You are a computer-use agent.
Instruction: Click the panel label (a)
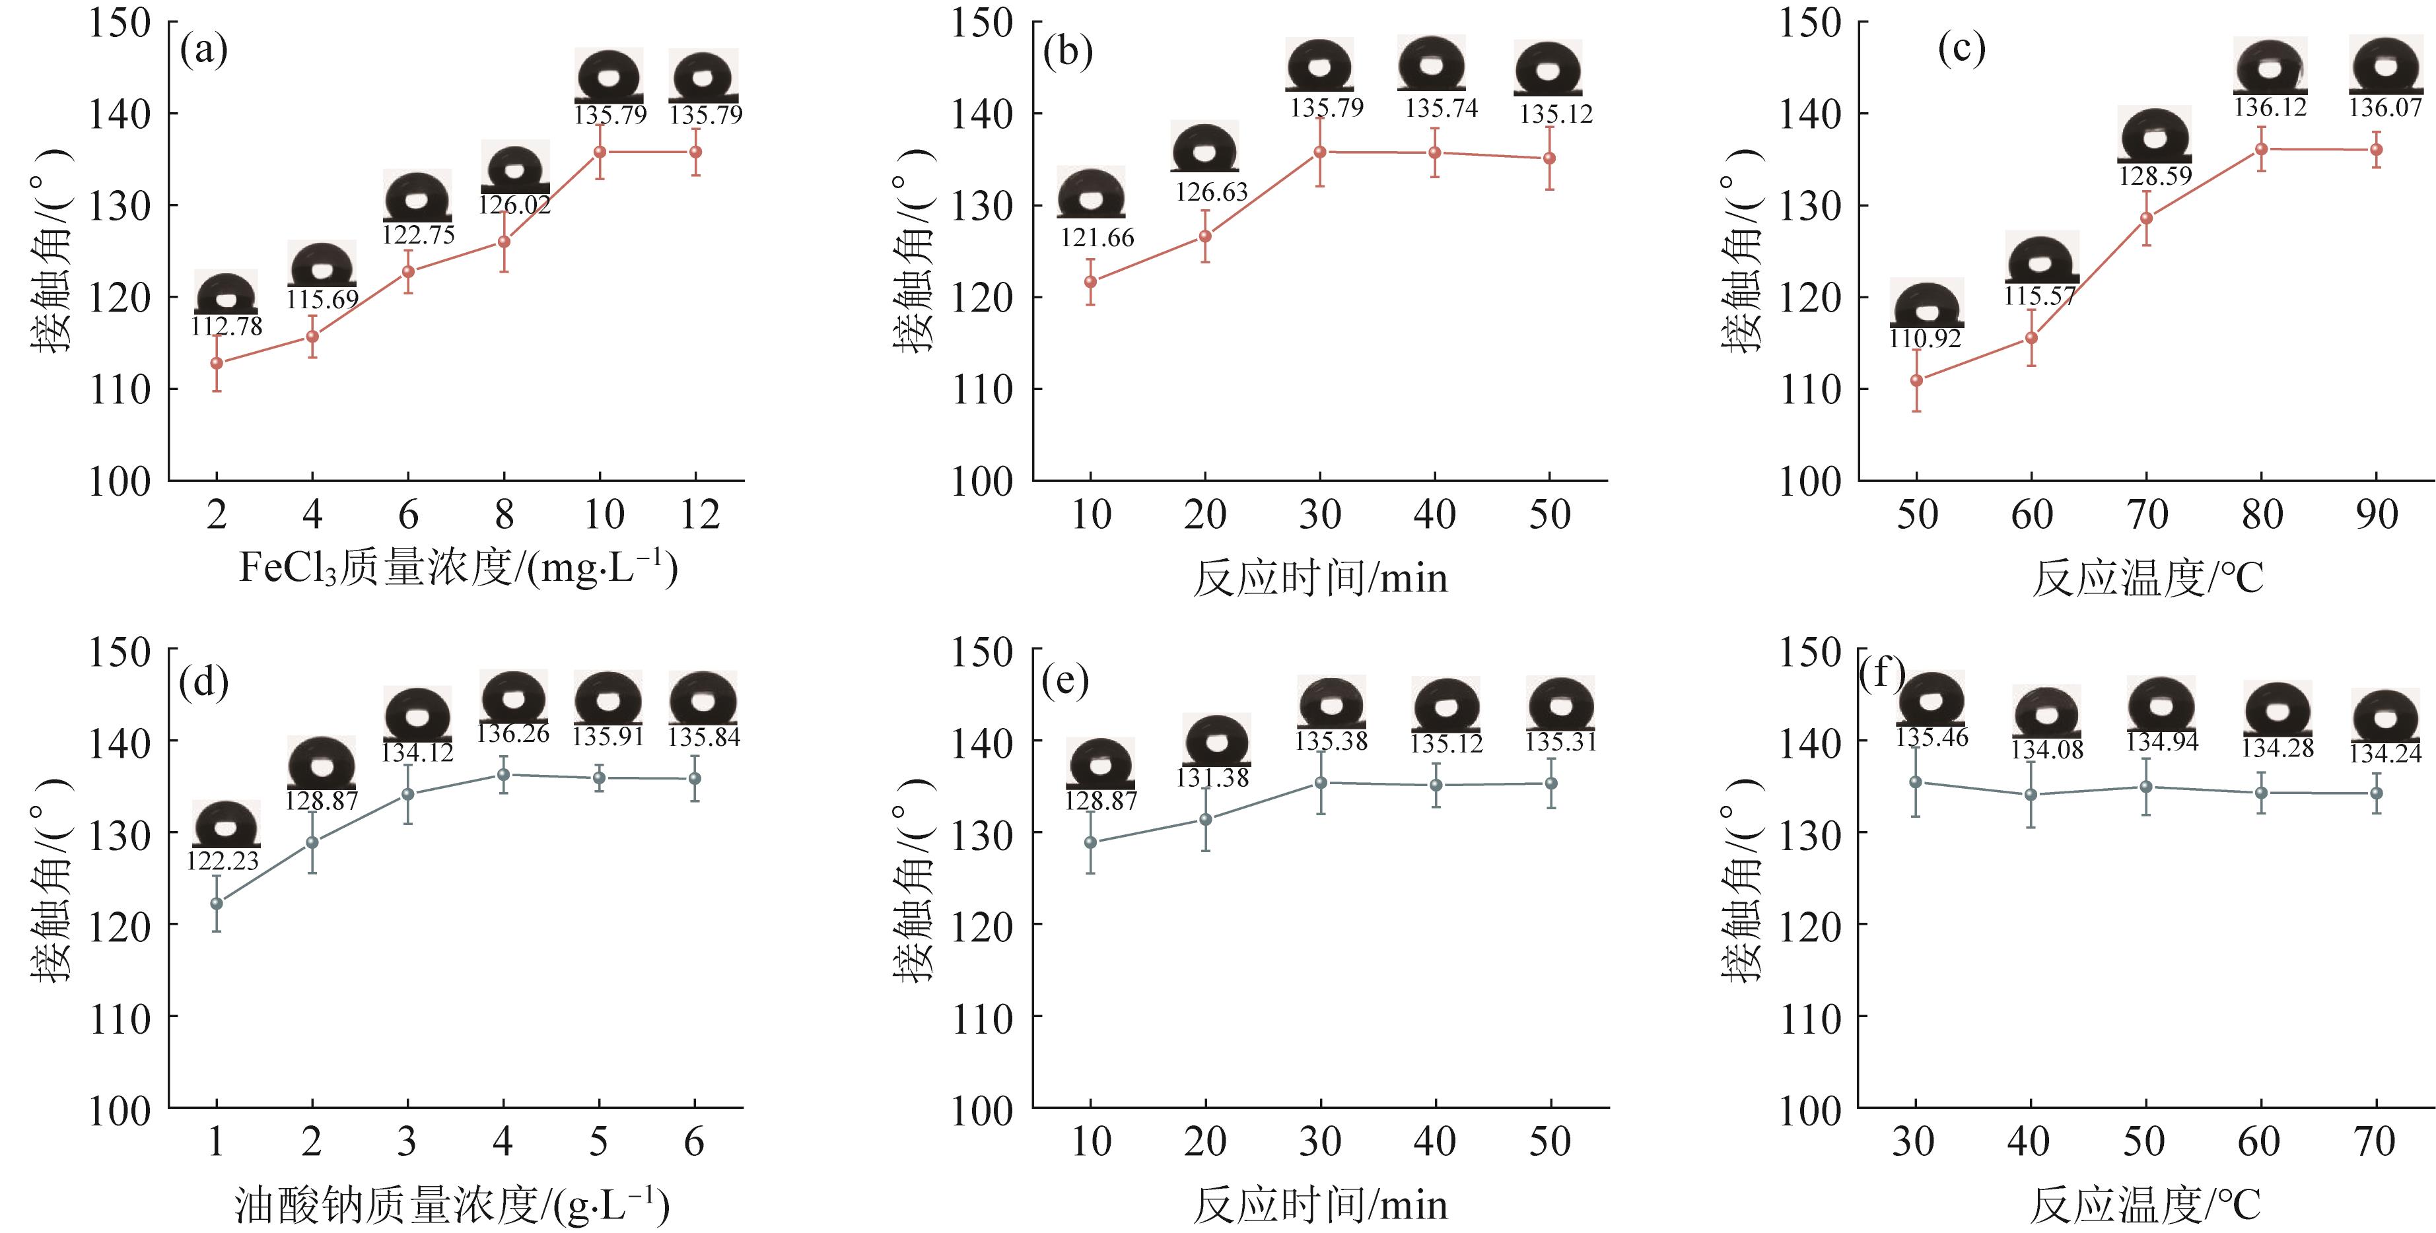(203, 49)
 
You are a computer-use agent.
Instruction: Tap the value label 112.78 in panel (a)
(227, 326)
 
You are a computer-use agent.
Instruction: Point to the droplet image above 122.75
(417, 195)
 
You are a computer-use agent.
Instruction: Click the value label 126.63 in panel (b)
(1211, 192)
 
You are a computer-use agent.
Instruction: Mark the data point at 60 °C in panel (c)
(2031, 337)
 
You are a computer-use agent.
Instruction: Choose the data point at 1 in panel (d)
(217, 903)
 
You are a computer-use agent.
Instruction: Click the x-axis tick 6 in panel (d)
(694, 1142)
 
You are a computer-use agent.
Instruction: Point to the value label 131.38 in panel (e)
(1212, 778)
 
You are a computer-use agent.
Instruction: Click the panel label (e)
(1065, 680)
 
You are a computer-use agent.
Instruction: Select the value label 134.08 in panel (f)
(2047, 750)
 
